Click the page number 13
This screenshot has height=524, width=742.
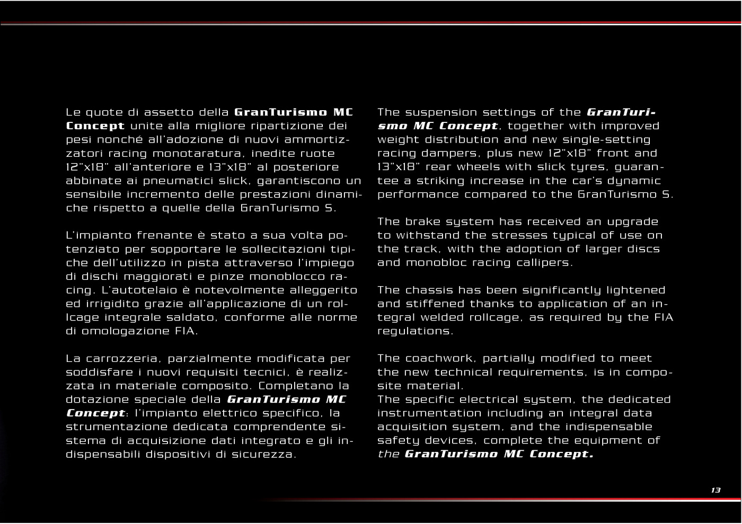(x=715, y=490)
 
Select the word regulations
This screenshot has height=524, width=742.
(x=414, y=331)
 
